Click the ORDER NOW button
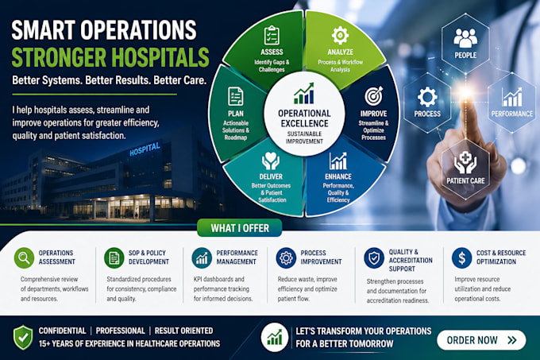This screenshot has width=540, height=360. [481, 340]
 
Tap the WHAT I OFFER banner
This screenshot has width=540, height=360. [240, 228]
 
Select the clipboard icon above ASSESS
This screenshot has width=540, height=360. [272, 36]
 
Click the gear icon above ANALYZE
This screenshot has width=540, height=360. [340, 35]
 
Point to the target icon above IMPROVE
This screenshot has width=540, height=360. [374, 96]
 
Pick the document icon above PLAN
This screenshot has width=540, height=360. [236, 96]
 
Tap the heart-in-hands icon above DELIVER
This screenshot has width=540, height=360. [270, 161]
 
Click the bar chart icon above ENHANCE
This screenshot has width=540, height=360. [337, 161]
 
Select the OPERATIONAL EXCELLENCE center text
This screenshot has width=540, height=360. [304, 118]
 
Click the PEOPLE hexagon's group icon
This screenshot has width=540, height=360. [465, 37]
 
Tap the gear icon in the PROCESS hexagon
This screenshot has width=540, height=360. [427, 97]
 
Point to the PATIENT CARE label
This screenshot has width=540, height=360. [465, 181]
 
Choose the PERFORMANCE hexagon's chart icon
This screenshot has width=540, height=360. [511, 97]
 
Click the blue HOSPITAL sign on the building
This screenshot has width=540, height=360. [145, 149]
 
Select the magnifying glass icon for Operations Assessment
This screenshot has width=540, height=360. [24, 257]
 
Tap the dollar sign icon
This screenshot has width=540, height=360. [461, 257]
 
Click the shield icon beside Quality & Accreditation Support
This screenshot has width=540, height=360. [374, 257]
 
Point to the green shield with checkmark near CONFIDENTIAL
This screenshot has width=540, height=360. [23, 338]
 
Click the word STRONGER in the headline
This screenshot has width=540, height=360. [59, 57]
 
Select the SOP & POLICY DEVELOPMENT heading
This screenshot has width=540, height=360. [148, 257]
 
